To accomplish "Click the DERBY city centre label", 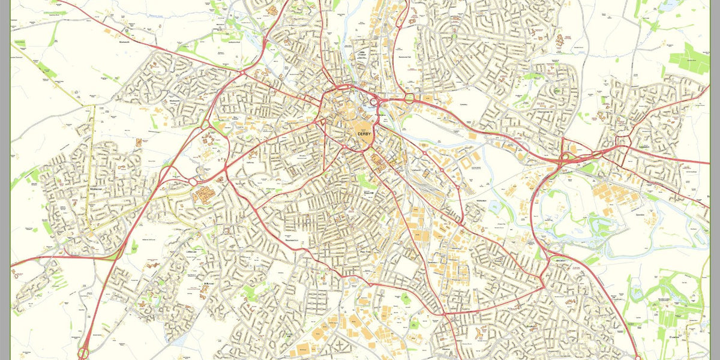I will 364,134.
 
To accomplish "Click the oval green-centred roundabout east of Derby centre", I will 410,97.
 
